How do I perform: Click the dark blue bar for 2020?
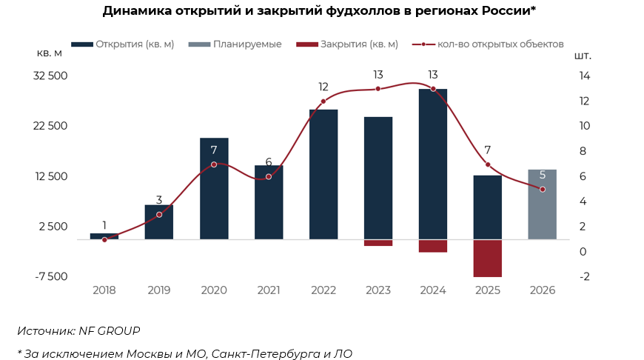(214, 189)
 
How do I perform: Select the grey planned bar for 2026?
(543, 204)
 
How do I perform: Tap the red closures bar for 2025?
(488, 258)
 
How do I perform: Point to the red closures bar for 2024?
(433, 246)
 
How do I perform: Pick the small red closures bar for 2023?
(378, 242)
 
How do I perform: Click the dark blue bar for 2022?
(323, 174)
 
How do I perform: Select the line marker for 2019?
(159, 215)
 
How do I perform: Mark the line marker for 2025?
(488, 164)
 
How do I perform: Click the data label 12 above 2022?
(323, 87)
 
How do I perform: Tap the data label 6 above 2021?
(269, 162)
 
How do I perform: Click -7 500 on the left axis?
(51, 277)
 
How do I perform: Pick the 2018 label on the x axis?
(104, 290)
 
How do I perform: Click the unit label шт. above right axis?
(583, 56)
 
